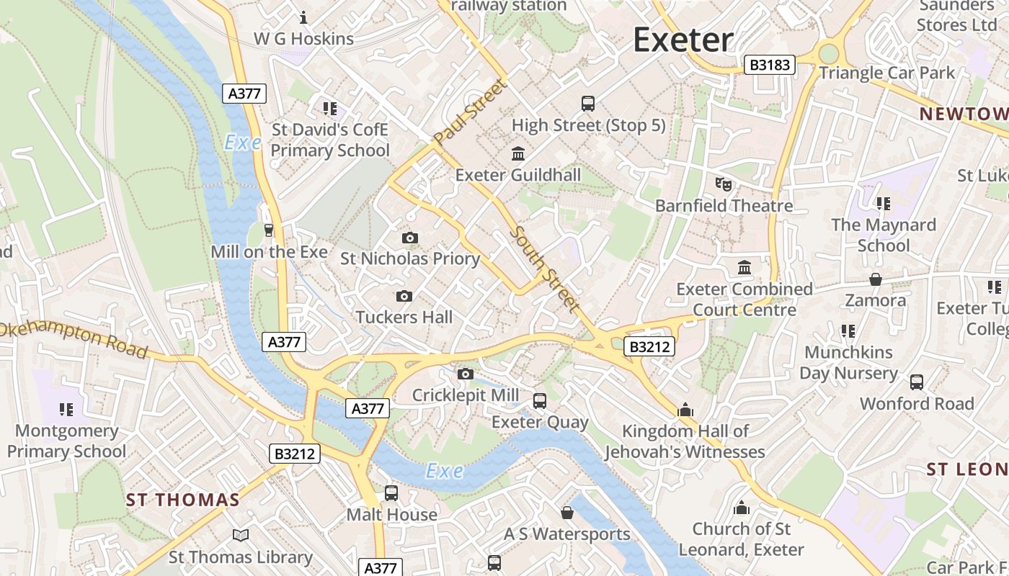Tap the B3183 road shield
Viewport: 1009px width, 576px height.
click(x=770, y=66)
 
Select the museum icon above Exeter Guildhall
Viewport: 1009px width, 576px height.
click(x=517, y=153)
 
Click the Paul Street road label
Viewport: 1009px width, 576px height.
click(x=471, y=112)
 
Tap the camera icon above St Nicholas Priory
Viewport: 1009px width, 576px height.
click(x=409, y=238)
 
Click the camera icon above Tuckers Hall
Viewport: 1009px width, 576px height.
click(x=404, y=296)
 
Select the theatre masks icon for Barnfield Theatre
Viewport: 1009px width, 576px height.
click(x=724, y=184)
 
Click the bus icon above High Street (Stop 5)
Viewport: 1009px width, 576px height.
click(x=588, y=103)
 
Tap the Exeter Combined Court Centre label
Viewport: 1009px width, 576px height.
click(x=744, y=300)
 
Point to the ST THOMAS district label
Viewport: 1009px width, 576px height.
click(x=182, y=500)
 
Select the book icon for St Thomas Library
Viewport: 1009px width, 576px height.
click(x=241, y=536)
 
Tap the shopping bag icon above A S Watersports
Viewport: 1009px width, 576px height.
click(x=567, y=513)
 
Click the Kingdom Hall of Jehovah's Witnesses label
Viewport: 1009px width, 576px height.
click(x=685, y=441)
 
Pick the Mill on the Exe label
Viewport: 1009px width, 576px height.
click(x=269, y=252)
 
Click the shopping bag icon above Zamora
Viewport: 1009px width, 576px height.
click(x=876, y=279)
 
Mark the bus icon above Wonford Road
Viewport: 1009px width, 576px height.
click(x=917, y=382)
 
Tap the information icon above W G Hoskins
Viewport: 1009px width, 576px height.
click(x=303, y=17)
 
